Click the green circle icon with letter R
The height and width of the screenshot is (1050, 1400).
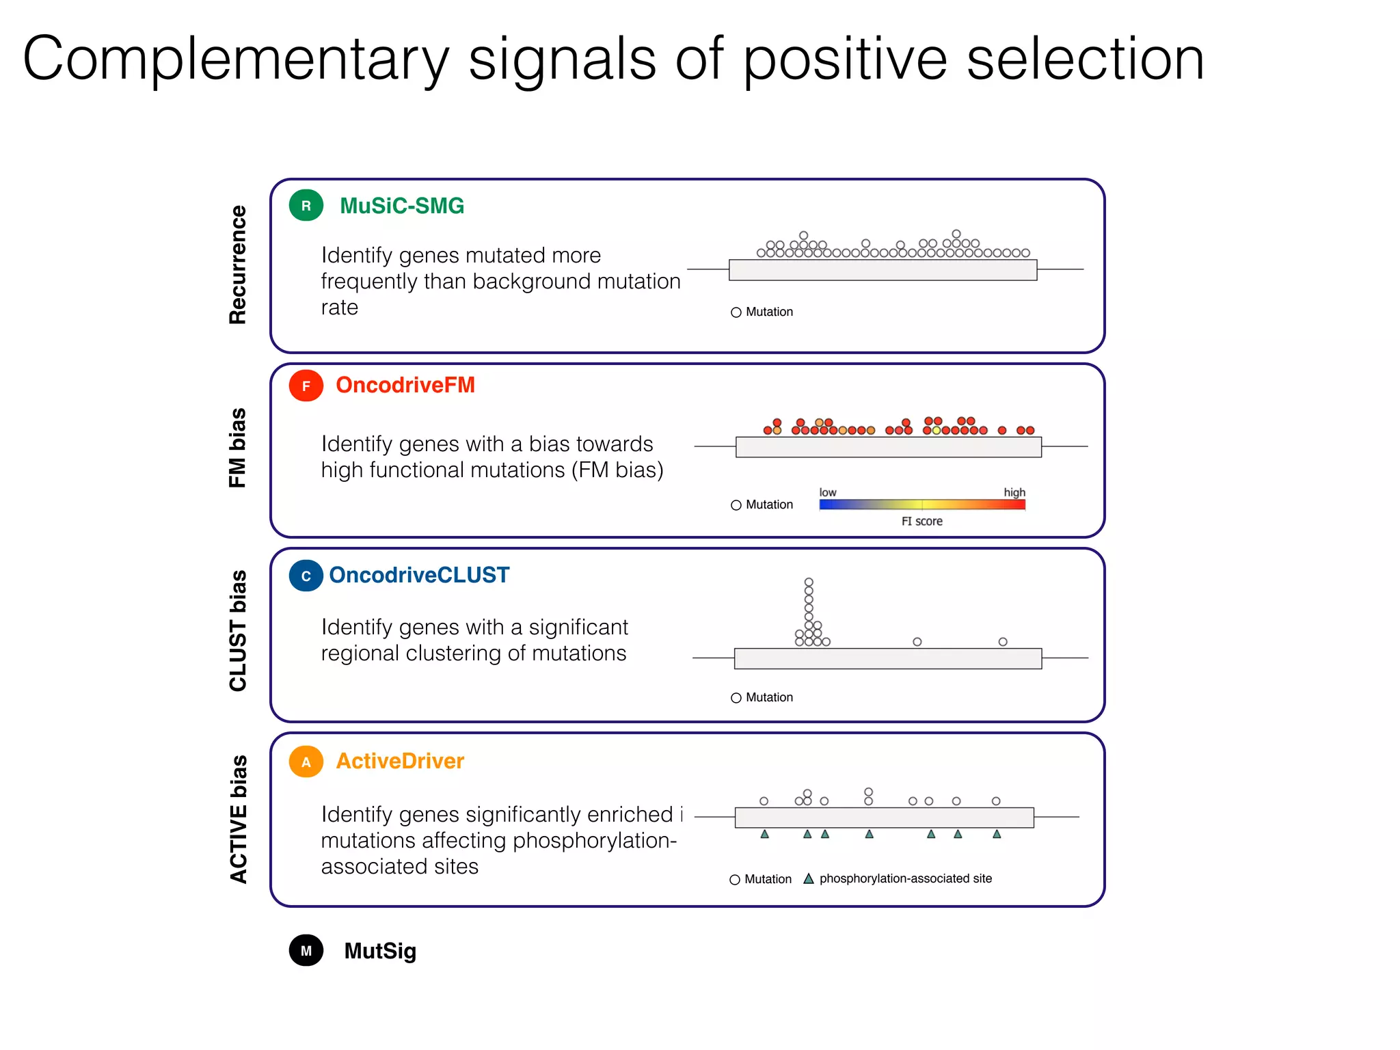[x=306, y=206]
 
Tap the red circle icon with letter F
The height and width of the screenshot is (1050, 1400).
[x=306, y=386]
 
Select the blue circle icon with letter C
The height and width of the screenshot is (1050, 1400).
[x=306, y=576]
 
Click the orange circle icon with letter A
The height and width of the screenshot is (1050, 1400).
[x=306, y=762]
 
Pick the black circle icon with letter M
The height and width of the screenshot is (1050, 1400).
[x=306, y=950]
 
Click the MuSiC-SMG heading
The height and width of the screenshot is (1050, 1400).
[x=402, y=206]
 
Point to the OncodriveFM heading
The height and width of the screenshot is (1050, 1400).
[x=405, y=385]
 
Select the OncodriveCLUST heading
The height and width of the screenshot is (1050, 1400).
[x=419, y=575]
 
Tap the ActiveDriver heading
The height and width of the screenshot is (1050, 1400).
[x=400, y=761]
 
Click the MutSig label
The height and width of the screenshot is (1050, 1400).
[x=380, y=951]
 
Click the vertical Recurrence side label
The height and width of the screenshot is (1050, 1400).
[x=237, y=265]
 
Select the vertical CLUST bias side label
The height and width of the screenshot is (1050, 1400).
[x=237, y=630]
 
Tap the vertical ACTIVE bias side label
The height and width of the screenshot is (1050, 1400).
[x=237, y=819]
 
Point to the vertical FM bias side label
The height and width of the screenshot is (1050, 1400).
[x=237, y=448]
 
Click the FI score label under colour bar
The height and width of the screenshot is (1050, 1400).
[x=921, y=522]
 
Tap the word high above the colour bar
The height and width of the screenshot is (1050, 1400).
[x=1014, y=492]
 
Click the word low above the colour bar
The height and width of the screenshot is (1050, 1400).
[x=827, y=492]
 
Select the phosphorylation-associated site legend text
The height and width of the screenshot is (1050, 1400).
[x=905, y=878]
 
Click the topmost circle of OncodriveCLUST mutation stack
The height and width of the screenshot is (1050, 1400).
[x=809, y=582]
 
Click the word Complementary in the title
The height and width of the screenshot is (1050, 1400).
[x=236, y=60]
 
